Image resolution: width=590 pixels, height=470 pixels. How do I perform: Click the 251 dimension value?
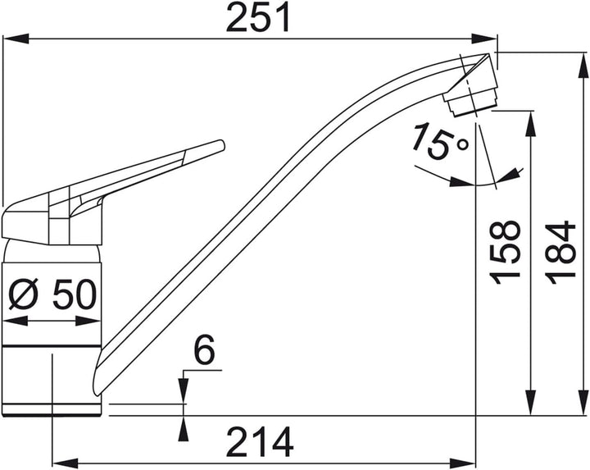point(258,17)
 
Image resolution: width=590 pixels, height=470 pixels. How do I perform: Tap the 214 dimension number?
point(261,442)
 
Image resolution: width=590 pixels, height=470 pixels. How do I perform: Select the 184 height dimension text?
point(561,253)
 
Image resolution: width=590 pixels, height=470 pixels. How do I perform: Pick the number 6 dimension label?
point(204,349)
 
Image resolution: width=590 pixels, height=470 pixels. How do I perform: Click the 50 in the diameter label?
point(75,294)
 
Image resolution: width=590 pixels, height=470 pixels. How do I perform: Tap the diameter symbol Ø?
point(23,294)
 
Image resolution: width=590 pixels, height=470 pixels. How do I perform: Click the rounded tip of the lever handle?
point(221,145)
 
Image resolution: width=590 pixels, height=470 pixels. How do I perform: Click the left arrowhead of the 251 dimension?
point(16,39)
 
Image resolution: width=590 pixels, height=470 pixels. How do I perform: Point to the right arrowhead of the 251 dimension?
point(484,39)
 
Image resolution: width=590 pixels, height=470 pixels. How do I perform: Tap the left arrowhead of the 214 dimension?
point(65,463)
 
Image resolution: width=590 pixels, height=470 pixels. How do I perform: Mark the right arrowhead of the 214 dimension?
point(463,463)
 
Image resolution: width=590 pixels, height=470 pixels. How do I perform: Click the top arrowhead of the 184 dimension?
point(583,66)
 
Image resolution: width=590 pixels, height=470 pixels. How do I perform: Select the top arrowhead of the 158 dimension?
point(530,124)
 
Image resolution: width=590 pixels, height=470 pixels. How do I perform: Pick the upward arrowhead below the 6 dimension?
point(184,428)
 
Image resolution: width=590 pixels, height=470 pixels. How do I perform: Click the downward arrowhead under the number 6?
point(184,390)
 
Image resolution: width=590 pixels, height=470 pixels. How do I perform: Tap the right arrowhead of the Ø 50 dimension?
point(88,322)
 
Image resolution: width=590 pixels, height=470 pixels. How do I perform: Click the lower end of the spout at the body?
point(97,390)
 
